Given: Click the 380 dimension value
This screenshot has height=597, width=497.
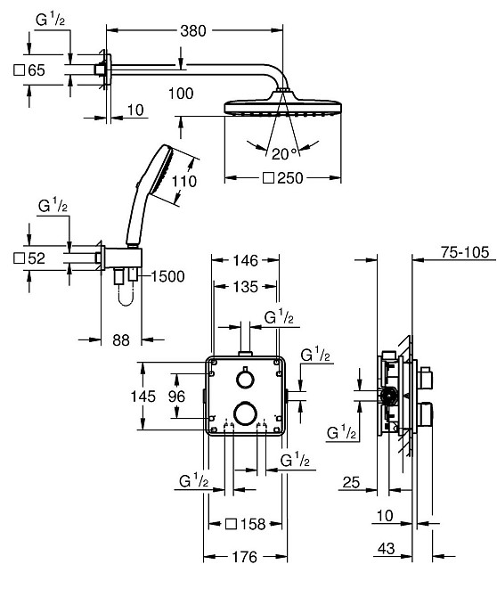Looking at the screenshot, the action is (193, 31).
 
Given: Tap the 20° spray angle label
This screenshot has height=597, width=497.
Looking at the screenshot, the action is (284, 154).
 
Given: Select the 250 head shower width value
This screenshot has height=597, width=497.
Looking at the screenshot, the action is (290, 178).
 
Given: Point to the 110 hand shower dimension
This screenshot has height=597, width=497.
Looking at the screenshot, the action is (184, 181).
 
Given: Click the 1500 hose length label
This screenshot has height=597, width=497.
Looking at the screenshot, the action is (167, 276).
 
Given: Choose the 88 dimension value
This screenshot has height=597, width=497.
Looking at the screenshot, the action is (121, 340).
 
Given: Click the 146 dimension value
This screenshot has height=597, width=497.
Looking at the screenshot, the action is (246, 260).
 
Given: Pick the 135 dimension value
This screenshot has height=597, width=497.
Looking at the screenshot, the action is (246, 287).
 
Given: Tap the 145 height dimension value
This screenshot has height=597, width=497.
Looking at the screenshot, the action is (143, 397).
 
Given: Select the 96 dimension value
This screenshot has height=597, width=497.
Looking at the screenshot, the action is (176, 397).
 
